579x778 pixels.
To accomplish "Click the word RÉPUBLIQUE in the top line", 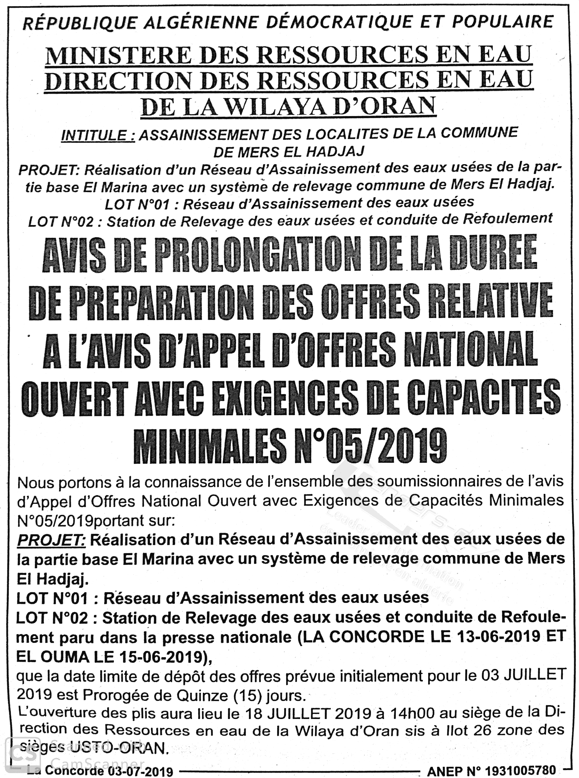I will (79, 23).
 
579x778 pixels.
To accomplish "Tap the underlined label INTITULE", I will (98, 135).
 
